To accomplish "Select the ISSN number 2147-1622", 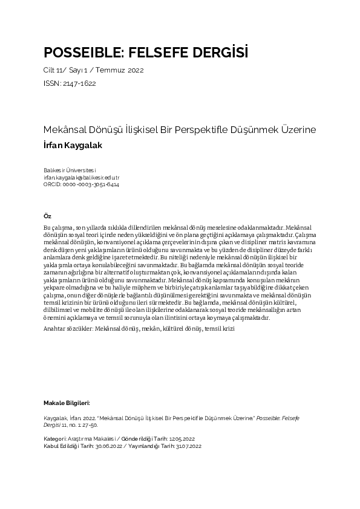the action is pos(79,83).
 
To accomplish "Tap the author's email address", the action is pos(82,178).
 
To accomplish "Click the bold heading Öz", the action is pos(48,216).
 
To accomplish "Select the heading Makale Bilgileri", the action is pos(67,403).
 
